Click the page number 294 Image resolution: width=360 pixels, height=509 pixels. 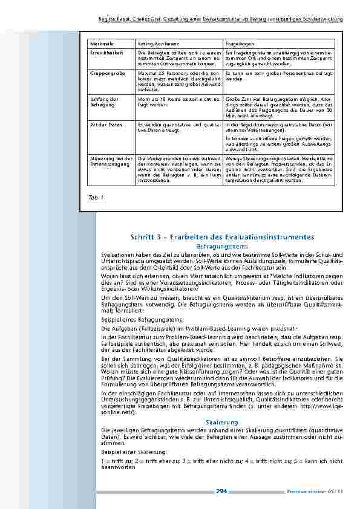click(x=221, y=491)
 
